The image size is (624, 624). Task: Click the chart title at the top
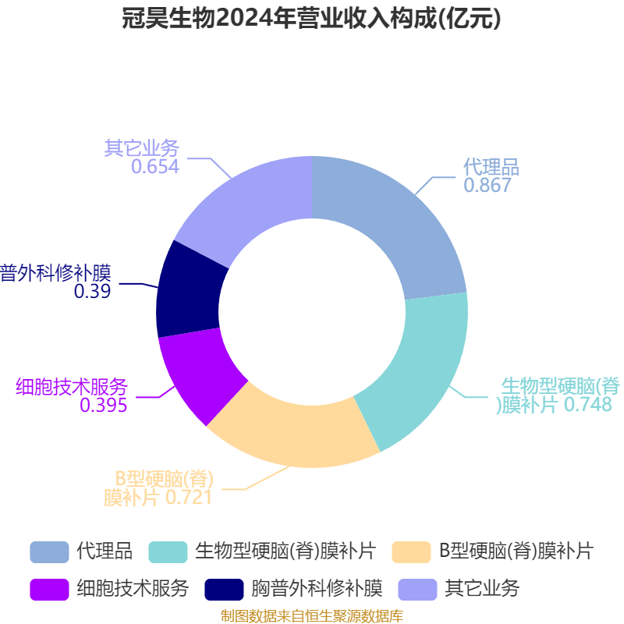pos(310,18)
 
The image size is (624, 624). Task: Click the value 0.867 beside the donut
pos(487,185)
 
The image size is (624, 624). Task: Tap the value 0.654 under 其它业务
pos(155,166)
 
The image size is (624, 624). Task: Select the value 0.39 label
pos(92,291)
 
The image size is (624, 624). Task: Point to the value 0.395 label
pos(104,405)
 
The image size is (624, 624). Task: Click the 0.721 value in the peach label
pos(189,498)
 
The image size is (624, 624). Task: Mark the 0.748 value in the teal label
pos(588,404)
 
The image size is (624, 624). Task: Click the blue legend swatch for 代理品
pos(49,552)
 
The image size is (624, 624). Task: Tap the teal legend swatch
pos(168,552)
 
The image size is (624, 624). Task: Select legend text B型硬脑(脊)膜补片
pos(516,551)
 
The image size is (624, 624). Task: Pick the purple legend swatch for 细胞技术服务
pos(49,590)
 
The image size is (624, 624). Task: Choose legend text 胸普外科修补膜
pos(317,589)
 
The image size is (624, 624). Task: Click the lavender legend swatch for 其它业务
pos(417,590)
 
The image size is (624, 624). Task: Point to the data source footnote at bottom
pos(312,616)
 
